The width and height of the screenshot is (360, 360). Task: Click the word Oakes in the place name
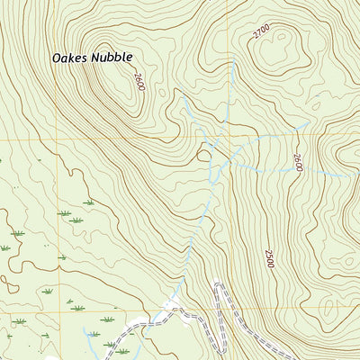70,57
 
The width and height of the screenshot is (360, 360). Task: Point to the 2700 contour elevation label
261,32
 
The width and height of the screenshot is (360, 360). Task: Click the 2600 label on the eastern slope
297,163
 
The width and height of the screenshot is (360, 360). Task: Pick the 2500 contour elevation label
268,257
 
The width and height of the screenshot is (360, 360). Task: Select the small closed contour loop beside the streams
204,155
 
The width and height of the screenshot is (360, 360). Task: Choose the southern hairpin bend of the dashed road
180,312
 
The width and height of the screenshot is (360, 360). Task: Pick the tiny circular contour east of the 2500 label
310,261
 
